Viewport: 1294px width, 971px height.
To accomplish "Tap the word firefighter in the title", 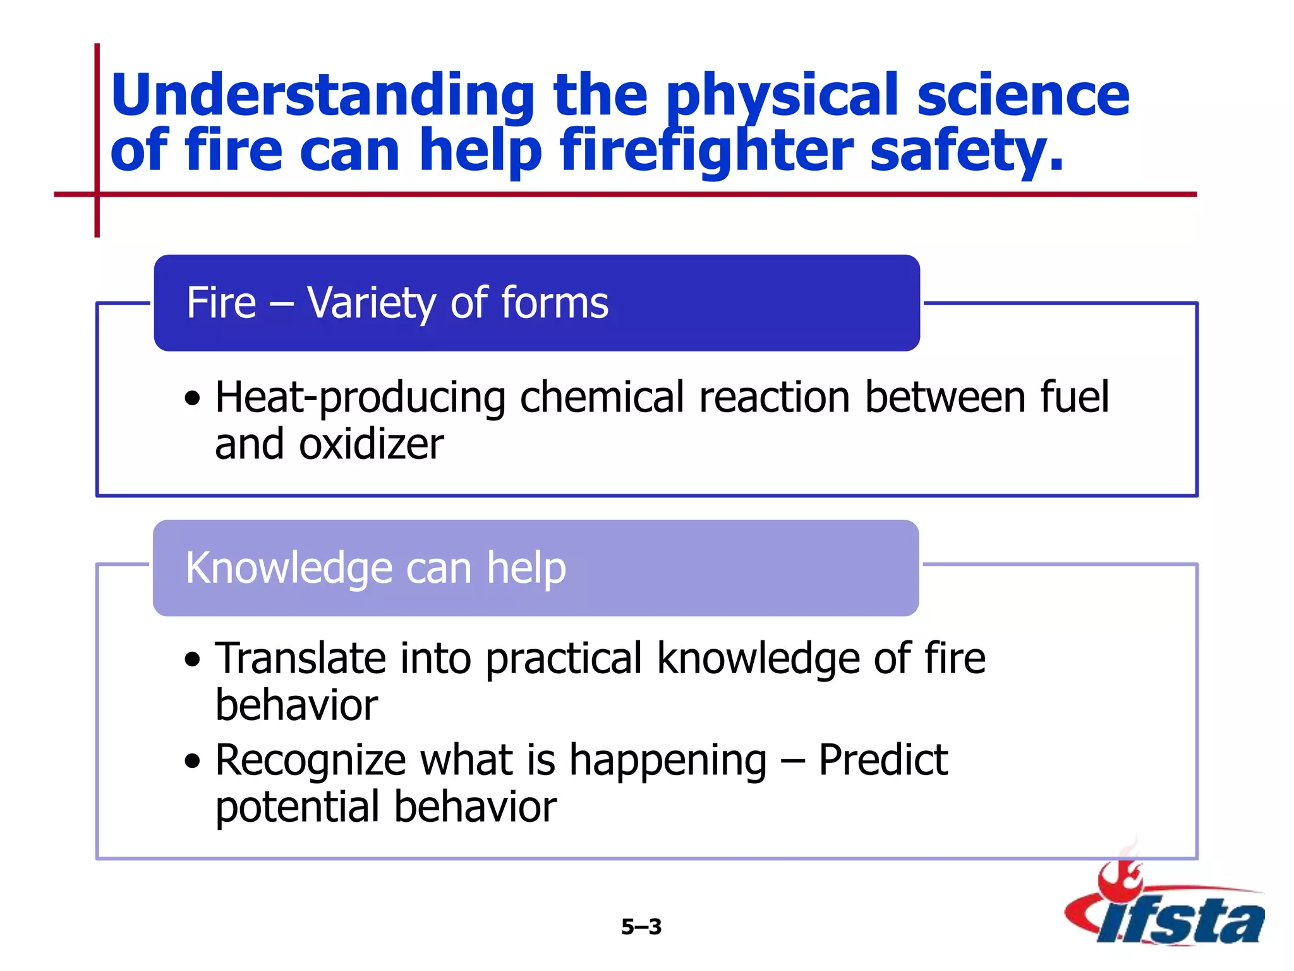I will pos(706,152).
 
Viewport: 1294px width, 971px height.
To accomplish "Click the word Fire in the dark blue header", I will pos(221,303).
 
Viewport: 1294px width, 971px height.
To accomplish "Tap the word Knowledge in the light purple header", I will pos(288,568).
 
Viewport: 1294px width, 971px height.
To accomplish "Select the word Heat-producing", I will pos(360,398).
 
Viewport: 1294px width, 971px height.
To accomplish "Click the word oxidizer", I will pos(372,445).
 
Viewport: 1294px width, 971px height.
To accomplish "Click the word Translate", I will pos(300,659).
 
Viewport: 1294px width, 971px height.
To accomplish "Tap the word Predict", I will pos(883,760).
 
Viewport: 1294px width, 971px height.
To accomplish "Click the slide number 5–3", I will pos(641,927).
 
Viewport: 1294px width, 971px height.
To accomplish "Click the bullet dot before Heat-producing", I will pos(193,400).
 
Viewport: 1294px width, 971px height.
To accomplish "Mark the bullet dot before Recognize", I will pos(193,762).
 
